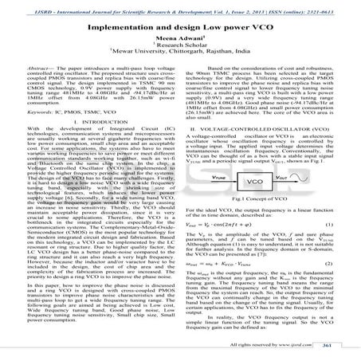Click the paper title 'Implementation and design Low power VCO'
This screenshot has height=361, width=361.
[180, 25]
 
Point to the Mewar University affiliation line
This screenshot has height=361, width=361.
[180, 53]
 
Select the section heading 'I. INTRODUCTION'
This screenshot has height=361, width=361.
[93, 121]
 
